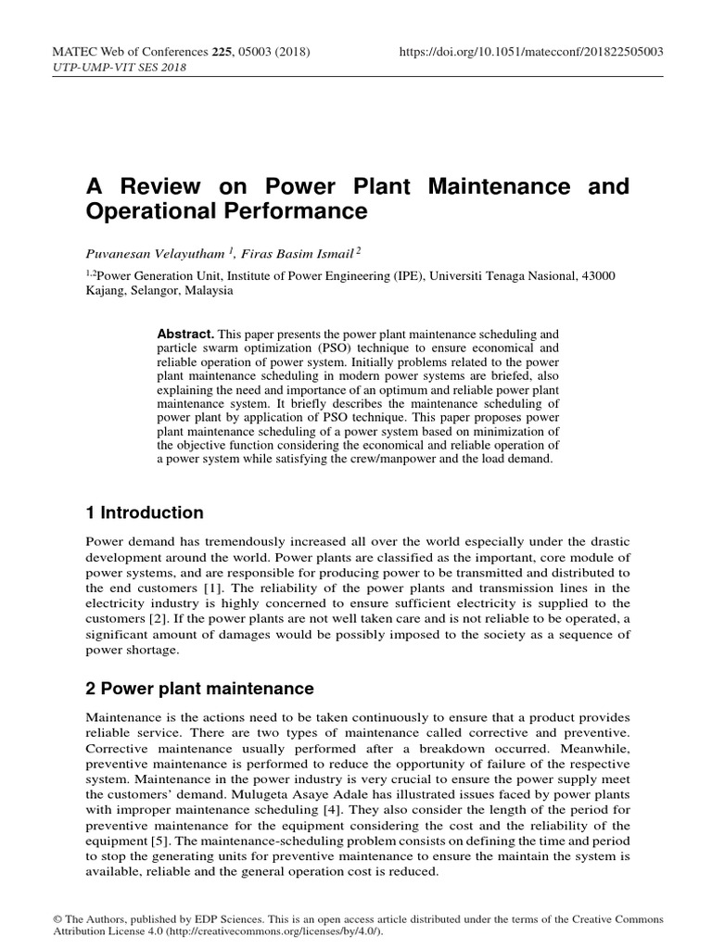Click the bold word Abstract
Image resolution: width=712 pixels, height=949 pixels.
185,333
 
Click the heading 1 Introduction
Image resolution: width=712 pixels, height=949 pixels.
144,512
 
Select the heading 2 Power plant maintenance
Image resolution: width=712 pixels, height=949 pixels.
199,689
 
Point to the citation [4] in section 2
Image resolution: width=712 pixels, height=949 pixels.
358,808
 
